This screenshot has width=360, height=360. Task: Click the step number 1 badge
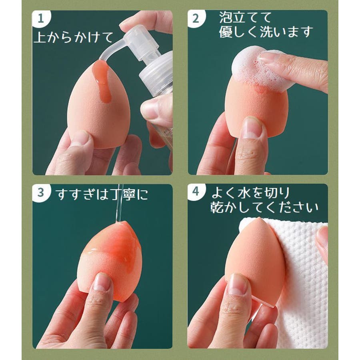[41, 18]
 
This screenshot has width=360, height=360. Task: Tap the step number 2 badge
[196, 18]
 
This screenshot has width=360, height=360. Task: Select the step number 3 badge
[41, 192]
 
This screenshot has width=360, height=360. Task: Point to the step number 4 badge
[196, 192]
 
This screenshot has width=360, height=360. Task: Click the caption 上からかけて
[74, 37]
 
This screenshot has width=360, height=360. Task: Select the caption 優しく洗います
[266, 32]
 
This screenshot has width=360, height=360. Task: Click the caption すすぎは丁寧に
[102, 194]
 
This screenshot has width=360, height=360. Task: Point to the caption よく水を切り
[250, 192]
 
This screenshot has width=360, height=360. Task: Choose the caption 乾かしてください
[264, 207]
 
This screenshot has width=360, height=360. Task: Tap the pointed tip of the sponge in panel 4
[259, 218]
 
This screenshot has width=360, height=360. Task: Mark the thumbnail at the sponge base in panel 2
[252, 128]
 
